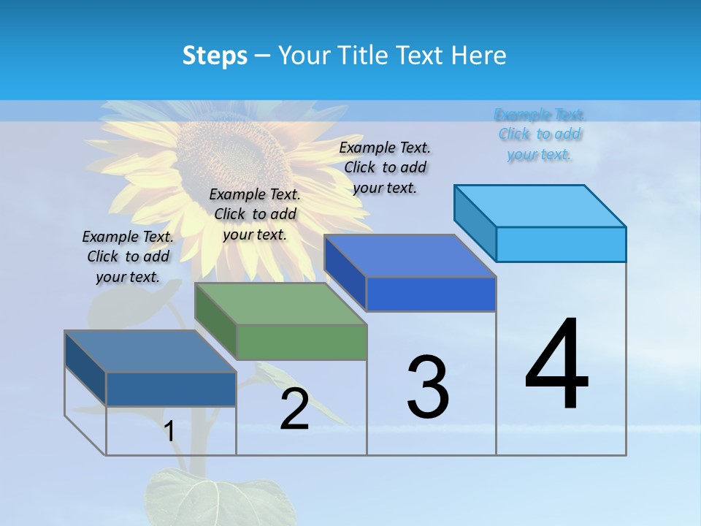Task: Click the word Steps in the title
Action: click(x=215, y=56)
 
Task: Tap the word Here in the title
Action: click(x=478, y=56)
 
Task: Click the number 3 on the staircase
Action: click(x=428, y=387)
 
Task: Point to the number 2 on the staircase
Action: click(x=294, y=409)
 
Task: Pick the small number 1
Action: click(x=169, y=431)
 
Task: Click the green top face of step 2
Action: click(x=280, y=303)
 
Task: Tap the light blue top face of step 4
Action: click(x=540, y=205)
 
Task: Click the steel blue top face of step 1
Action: click(x=150, y=351)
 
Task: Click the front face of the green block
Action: click(x=302, y=342)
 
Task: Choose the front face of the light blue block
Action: click(x=561, y=244)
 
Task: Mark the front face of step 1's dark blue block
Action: click(x=171, y=389)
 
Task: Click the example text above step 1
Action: click(x=128, y=256)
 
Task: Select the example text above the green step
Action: click(x=255, y=214)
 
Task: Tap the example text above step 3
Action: click(x=385, y=167)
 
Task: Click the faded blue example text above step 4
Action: click(x=540, y=134)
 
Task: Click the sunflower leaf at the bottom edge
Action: click(x=212, y=500)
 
